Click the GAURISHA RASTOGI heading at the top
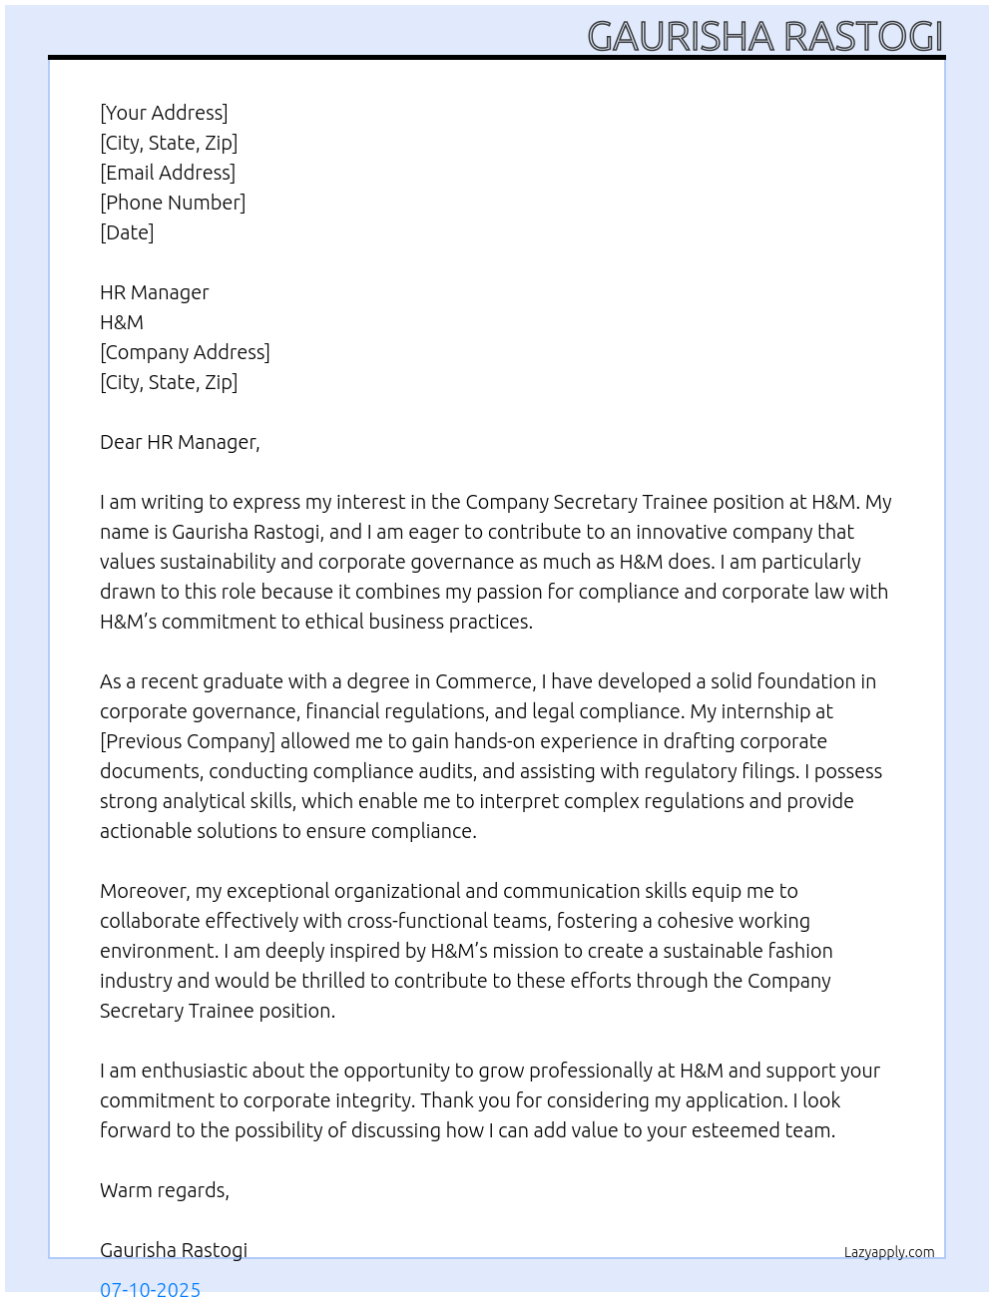[x=764, y=36]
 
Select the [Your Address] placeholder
[x=164, y=113]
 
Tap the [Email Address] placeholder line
[x=168, y=173]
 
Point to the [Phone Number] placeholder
[x=173, y=203]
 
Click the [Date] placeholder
[x=127, y=232]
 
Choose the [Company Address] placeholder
[x=185, y=352]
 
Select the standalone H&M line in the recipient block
[x=122, y=322]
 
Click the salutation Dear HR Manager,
[x=180, y=442]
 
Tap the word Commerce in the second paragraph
[x=484, y=681]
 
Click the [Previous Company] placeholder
[x=188, y=741]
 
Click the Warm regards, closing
[x=165, y=1190]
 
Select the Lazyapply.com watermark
[x=889, y=1252]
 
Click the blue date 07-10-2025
[x=150, y=1288]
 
